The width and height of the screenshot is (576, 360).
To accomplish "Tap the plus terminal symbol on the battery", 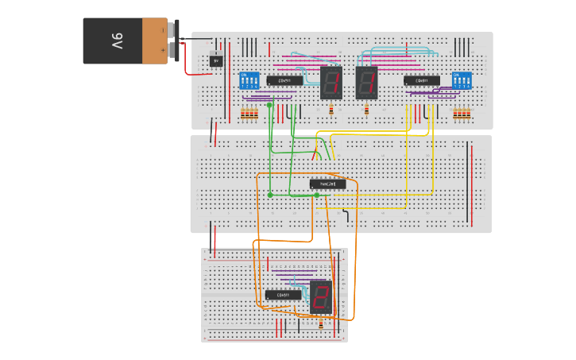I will (162, 50).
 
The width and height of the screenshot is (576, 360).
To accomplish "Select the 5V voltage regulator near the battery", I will (215, 60).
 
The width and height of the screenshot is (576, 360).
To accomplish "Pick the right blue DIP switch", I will (462, 80).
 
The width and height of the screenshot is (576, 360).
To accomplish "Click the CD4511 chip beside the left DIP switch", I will (284, 80).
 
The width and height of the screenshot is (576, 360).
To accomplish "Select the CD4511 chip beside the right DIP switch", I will (422, 80).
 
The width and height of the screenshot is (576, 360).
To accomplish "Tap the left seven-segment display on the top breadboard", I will (331, 82).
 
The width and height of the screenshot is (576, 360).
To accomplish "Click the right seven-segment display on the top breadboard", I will (366, 82).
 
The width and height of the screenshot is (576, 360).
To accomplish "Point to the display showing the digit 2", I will (321, 296).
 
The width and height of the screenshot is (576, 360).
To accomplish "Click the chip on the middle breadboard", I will (327, 184).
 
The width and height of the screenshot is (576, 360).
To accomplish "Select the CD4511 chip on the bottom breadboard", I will (283, 295).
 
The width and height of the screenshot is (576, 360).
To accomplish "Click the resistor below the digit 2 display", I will (319, 324).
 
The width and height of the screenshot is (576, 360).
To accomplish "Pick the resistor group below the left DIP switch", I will (249, 114).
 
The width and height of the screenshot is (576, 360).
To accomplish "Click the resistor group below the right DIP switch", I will (462, 114).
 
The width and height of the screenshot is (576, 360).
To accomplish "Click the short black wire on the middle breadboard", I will (345, 216).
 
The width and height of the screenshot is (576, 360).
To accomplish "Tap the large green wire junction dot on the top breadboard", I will (269, 105).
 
